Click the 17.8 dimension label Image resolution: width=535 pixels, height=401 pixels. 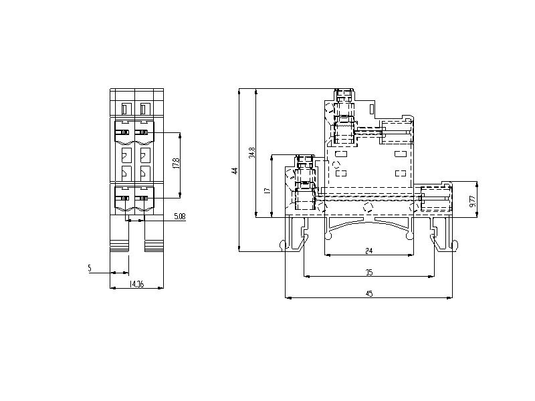pos(177,163)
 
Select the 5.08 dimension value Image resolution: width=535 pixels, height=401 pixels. pos(180,216)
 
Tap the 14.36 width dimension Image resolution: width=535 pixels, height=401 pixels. pos(136,283)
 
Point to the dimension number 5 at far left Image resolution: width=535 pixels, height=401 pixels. pos(90,269)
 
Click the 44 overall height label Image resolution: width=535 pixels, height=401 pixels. pos(235,170)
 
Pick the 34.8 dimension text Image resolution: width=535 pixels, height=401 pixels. pos(252,152)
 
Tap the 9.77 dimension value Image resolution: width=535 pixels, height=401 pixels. pos(472,201)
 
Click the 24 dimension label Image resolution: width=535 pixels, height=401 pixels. pos(369,251)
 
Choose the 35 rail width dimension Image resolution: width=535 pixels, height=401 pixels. pos(369,272)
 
